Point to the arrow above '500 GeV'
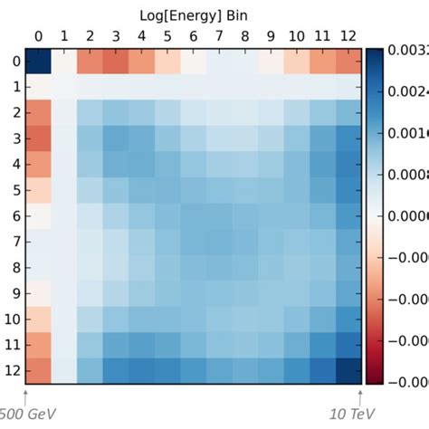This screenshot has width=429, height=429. pos(25,396)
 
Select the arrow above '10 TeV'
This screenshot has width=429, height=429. pos(360,396)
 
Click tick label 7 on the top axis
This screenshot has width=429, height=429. pos(218,36)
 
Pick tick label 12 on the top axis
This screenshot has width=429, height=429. pos(347,36)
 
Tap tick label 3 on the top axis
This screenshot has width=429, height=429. pos(115,36)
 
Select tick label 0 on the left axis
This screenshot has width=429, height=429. pos(14,62)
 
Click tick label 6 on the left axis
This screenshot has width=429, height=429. pos(14,216)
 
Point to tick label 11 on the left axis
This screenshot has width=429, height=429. pos(12,345)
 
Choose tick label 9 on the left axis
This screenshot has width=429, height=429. pos(14,293)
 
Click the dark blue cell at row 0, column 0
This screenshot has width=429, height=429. pos(38,62)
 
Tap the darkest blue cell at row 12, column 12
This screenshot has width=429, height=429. pos(347,370)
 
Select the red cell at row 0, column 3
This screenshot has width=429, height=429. pos(115,62)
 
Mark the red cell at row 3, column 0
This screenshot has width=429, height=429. pos(38,138)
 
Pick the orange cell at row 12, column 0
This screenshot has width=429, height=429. pos(38,370)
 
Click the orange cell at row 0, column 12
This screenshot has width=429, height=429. pos(347,62)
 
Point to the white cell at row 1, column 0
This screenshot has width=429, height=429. pos(38,87)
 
